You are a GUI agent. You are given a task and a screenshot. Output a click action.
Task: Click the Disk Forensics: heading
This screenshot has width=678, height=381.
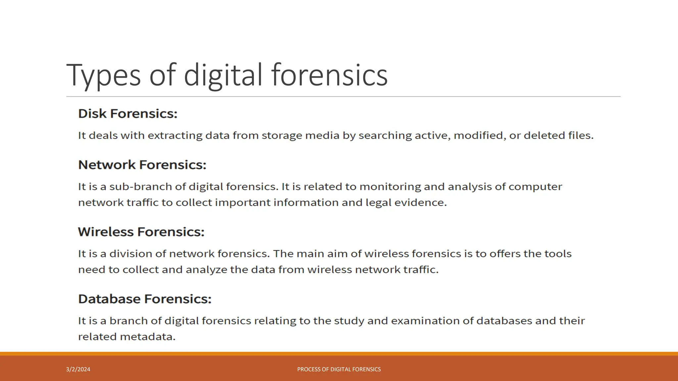click(x=128, y=114)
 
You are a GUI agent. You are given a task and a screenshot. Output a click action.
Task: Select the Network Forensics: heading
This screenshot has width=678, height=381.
click(x=142, y=165)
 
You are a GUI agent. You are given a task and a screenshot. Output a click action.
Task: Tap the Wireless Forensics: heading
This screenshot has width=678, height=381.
click(x=141, y=232)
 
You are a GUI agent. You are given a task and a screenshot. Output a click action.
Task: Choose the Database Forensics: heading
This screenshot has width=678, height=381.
click(x=145, y=299)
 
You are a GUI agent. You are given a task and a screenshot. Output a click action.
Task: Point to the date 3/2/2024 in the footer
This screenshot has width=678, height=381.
click(x=78, y=369)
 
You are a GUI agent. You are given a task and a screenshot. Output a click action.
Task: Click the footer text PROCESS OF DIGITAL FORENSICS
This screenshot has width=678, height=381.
click(x=339, y=369)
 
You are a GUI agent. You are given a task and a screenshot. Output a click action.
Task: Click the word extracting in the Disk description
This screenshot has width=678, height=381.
click(x=175, y=136)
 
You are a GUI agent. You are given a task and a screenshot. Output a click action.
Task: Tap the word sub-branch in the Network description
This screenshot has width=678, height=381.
click(x=141, y=187)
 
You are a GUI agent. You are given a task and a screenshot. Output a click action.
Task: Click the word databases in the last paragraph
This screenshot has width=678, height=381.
click(x=504, y=321)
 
